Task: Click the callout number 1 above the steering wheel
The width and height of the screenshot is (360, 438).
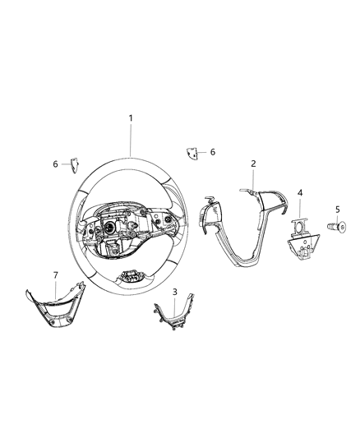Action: [130, 118]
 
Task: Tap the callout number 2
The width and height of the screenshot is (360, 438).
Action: [254, 164]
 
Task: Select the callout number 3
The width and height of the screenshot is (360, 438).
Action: [174, 292]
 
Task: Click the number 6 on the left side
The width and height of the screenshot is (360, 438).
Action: [56, 164]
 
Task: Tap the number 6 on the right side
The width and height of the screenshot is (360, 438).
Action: [212, 153]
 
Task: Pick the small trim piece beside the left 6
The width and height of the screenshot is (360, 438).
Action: [73, 164]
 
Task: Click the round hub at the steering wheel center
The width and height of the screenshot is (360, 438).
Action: [109, 227]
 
